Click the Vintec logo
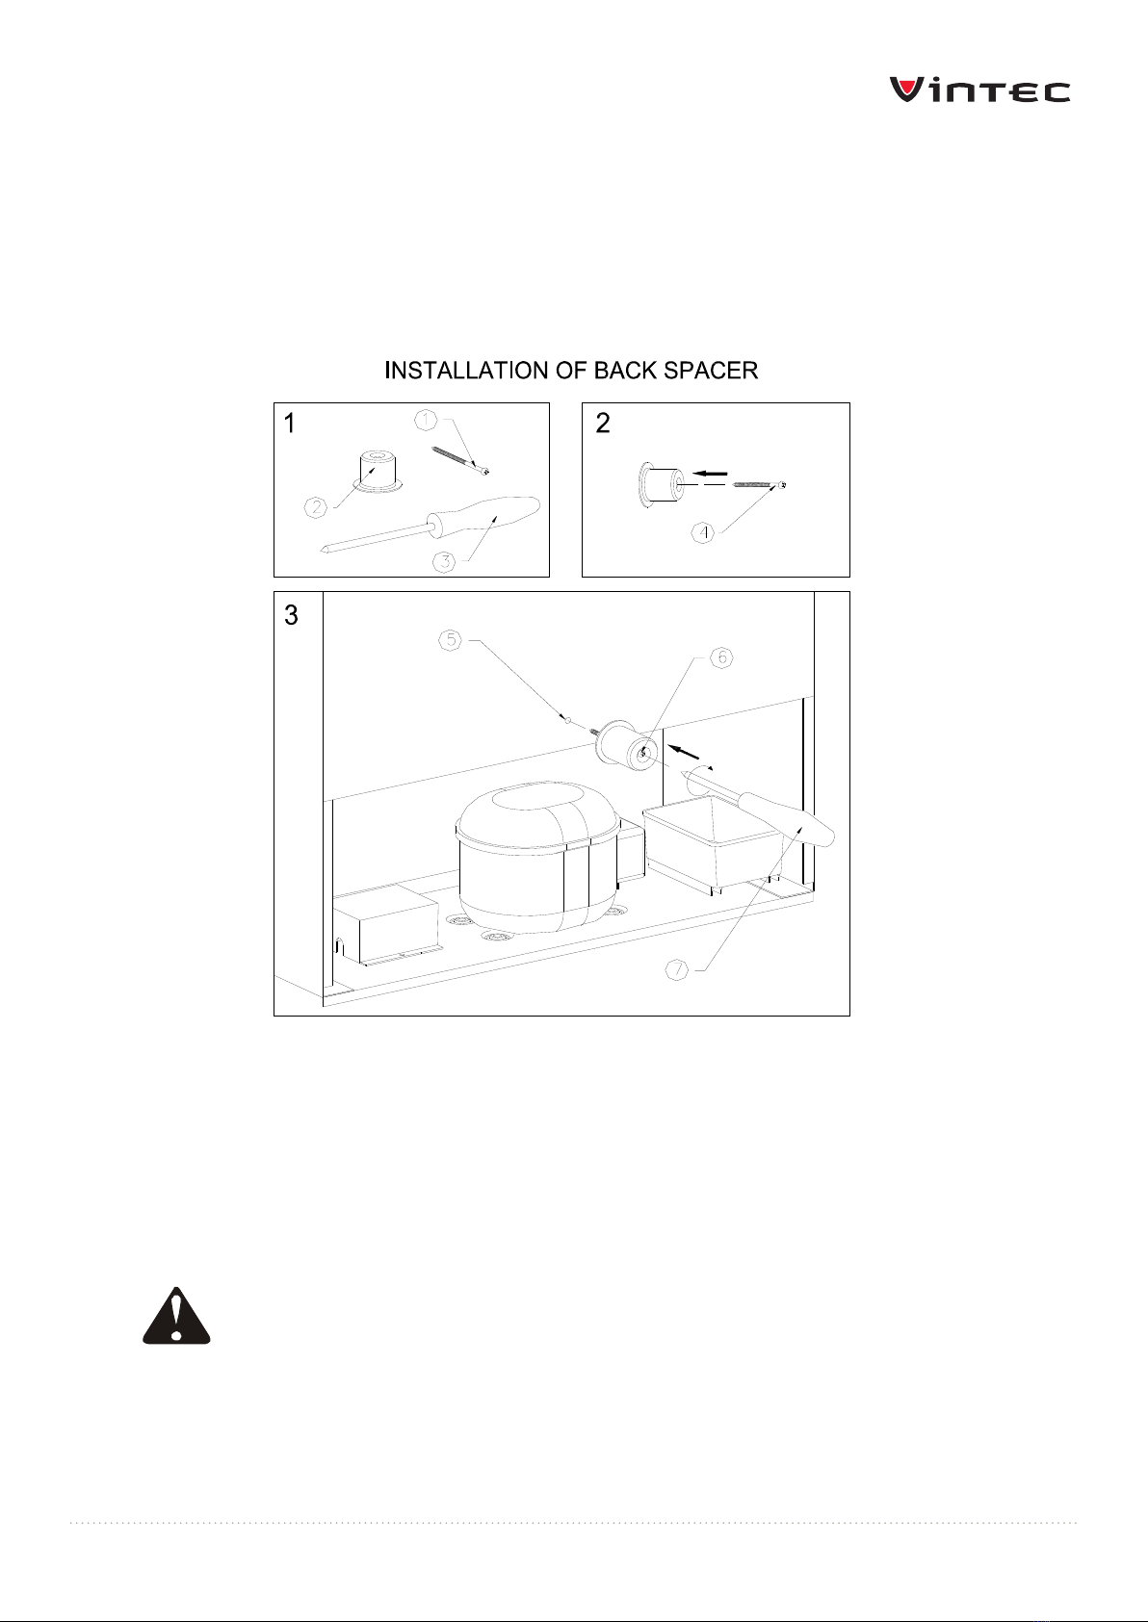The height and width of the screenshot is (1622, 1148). pyautogui.click(x=979, y=90)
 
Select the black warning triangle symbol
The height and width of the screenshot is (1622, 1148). pyautogui.click(x=176, y=1316)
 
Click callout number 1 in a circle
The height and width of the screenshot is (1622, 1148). pyautogui.click(x=426, y=420)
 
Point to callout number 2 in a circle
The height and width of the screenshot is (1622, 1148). pyautogui.click(x=316, y=507)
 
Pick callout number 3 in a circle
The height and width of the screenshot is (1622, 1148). pyautogui.click(x=444, y=561)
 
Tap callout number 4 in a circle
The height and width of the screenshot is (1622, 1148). pyautogui.click(x=702, y=533)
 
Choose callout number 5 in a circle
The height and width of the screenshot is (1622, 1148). pyautogui.click(x=451, y=640)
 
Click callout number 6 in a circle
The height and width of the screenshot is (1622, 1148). pyautogui.click(x=721, y=657)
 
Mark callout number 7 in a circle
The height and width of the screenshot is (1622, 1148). pyautogui.click(x=676, y=969)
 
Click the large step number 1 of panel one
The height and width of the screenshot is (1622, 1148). pyautogui.click(x=290, y=424)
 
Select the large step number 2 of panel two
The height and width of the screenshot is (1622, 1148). pyautogui.click(x=603, y=424)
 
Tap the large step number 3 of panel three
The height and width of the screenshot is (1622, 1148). pyautogui.click(x=291, y=615)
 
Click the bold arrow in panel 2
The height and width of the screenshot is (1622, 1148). pyautogui.click(x=710, y=474)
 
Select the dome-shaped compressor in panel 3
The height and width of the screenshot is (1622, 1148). pyautogui.click(x=537, y=857)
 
